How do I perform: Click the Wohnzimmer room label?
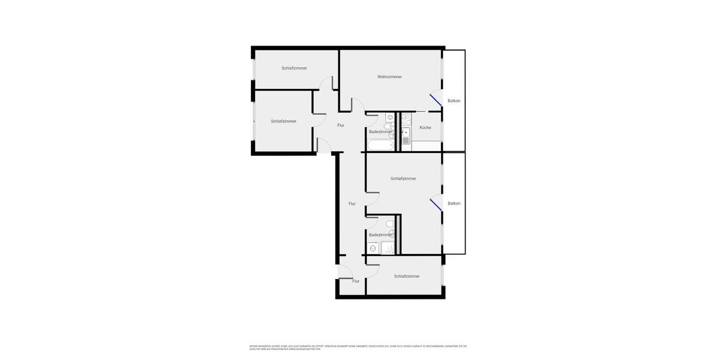pos(389,77)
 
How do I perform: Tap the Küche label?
pos(425,128)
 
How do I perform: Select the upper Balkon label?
pos(454,101)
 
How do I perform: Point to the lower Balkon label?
pos(454,203)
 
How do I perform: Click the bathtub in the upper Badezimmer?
pos(380,145)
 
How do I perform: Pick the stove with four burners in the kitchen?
pos(406,119)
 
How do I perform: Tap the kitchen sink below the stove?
pos(406,133)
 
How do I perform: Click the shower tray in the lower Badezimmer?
pos(388,248)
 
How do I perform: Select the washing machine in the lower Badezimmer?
pos(373,248)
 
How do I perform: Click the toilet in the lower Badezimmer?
pos(390,224)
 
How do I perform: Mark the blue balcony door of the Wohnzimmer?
pos(435,100)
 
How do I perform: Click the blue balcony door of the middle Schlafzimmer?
pos(436,205)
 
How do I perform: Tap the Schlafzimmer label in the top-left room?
pos(294,68)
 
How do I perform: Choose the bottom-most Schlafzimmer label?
pos(407,277)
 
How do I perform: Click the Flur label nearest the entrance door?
pos(356,281)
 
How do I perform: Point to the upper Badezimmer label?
pos(380,132)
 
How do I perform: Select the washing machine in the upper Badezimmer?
pos(390,118)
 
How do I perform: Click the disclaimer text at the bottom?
pos(358,347)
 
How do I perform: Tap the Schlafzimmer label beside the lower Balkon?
pos(403,179)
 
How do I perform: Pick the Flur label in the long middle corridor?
pos(352,204)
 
